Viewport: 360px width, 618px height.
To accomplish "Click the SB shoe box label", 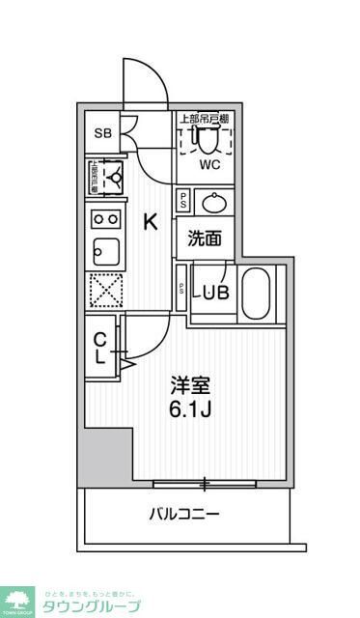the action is (102, 132).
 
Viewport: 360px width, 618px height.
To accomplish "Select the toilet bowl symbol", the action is (207, 139).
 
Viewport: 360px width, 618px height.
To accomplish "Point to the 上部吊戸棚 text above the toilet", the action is (204, 120).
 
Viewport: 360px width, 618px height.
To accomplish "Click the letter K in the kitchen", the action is (151, 222).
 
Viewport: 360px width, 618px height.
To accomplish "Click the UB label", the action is (216, 293).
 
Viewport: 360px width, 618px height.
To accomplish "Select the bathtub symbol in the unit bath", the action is (256, 294).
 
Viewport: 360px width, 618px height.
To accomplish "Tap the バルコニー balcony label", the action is (183, 513).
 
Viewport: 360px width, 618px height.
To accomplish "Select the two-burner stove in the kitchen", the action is (103, 218).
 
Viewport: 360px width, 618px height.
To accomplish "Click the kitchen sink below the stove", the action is (103, 253).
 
